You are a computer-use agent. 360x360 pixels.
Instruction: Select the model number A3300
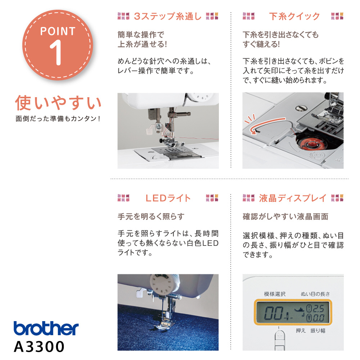(39, 346)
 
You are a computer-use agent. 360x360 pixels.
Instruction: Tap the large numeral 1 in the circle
(56, 52)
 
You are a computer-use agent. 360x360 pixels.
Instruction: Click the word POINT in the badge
(58, 31)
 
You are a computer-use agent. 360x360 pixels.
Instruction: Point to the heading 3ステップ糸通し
(168, 16)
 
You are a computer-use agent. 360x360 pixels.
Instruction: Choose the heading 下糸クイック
(294, 16)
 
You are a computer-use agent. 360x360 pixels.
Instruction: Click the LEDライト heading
(168, 198)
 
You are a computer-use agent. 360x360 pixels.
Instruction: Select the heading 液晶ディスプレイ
(293, 198)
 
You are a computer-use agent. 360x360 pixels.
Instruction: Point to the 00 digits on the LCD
(273, 313)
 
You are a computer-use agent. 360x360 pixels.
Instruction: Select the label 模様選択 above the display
(275, 294)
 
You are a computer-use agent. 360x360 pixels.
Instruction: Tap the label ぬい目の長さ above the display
(315, 294)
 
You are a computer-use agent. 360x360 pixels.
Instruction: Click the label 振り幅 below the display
(318, 330)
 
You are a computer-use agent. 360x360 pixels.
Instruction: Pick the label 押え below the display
(301, 330)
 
